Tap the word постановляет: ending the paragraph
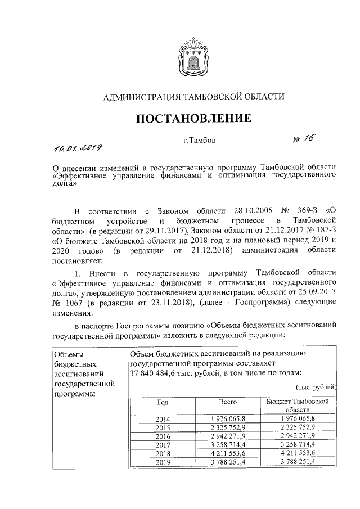tap(76, 260)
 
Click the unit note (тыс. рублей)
tap(316, 387)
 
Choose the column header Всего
tap(228, 403)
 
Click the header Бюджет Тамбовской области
tap(297, 407)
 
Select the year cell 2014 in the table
tap(163, 419)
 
